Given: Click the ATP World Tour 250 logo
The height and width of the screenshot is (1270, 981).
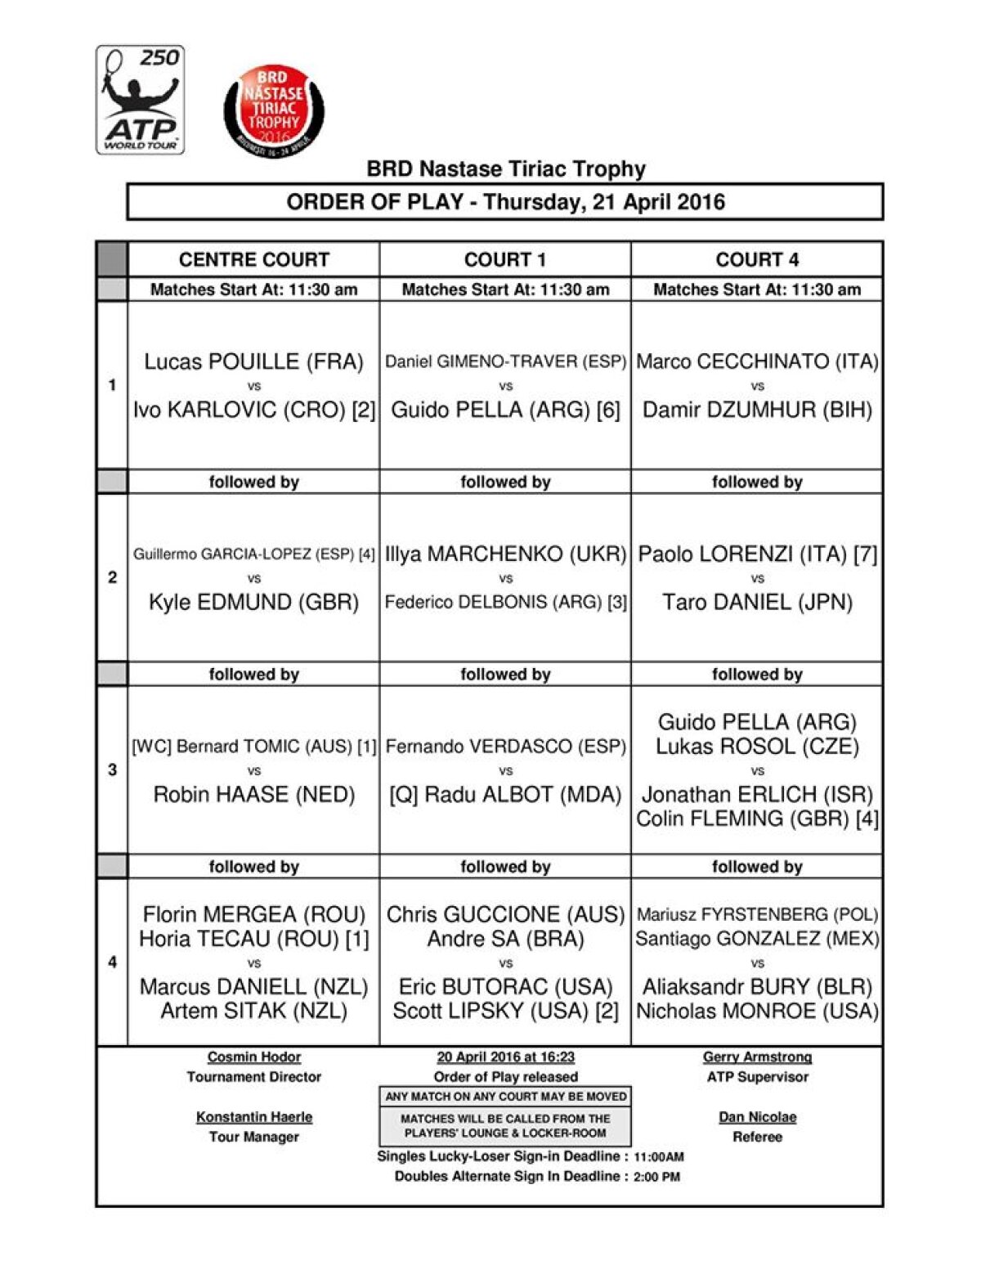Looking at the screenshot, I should click(x=140, y=100).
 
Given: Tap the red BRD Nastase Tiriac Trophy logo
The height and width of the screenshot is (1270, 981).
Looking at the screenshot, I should click(x=274, y=111).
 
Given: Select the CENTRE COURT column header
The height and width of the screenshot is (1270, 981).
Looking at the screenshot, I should click(x=253, y=259).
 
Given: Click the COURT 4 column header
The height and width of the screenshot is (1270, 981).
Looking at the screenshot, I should click(x=757, y=259).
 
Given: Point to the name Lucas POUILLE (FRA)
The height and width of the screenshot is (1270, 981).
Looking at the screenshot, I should click(x=253, y=361).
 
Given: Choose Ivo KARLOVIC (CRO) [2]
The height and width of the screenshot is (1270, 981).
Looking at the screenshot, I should click(x=253, y=410).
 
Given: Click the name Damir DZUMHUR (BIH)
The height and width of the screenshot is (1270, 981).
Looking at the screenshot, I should click(x=757, y=410).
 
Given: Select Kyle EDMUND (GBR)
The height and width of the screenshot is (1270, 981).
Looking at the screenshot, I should click(x=253, y=603).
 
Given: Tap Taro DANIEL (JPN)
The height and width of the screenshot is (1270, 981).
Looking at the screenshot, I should click(x=757, y=603).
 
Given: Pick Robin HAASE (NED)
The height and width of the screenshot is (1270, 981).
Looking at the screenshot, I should click(x=253, y=795).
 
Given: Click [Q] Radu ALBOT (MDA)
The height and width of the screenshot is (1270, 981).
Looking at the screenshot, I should click(x=505, y=795).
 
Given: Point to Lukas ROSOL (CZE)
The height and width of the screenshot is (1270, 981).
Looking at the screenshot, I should click(x=757, y=747).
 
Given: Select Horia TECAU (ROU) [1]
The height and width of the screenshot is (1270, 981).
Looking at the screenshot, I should click(x=253, y=939).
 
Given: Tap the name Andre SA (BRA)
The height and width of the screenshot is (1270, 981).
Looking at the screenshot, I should click(x=505, y=939).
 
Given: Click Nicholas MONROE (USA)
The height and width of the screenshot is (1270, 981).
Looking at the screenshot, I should click(x=757, y=1012).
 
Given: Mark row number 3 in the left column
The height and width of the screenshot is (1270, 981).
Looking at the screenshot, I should click(x=112, y=770).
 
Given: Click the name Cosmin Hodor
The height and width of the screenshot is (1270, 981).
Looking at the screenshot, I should click(x=253, y=1057).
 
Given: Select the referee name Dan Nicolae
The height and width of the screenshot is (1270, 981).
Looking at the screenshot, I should click(x=757, y=1117).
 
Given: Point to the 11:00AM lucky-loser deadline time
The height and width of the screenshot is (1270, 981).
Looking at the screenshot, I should click(x=659, y=1157).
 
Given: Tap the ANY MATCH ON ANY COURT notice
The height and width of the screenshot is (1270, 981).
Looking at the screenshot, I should click(x=505, y=1097).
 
